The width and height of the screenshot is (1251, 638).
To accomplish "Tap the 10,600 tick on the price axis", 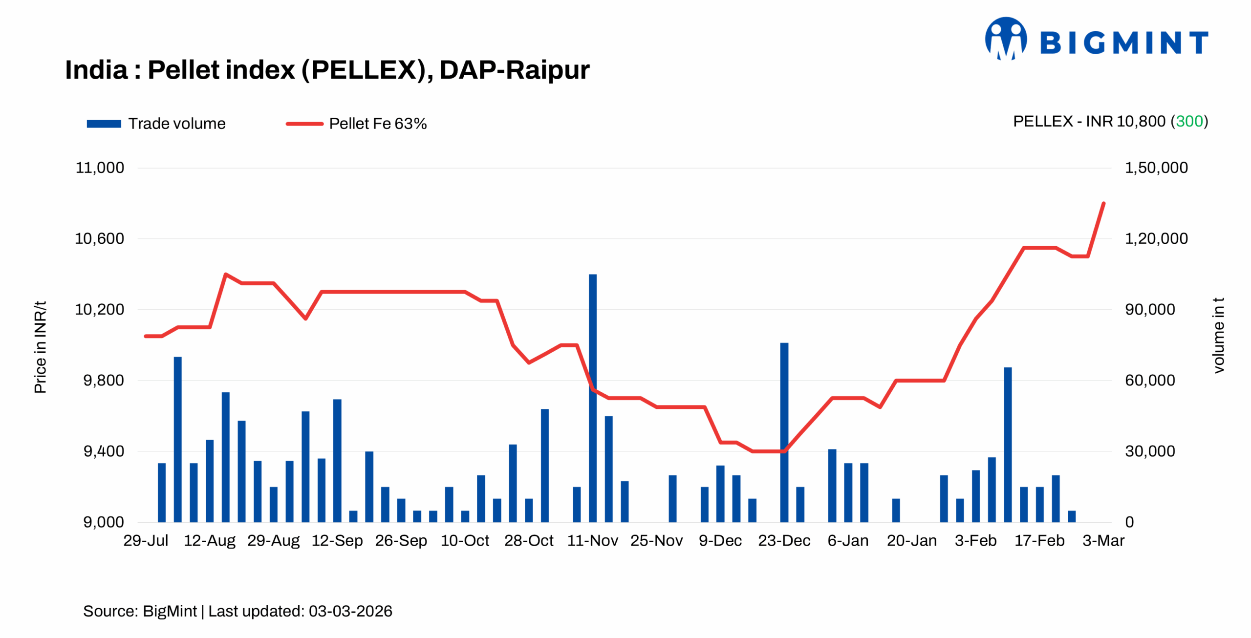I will coord(99,238).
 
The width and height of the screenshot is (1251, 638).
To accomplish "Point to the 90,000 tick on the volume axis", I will coord(1149,309).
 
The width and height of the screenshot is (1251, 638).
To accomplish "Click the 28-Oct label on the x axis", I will coord(528,540).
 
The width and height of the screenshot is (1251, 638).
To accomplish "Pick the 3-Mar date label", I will coord(1103,540).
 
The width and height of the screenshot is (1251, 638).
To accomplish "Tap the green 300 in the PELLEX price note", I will coord(1189,121).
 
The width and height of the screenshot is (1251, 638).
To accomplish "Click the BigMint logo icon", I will coord(1006,39).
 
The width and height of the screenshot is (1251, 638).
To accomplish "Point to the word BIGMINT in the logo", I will coord(1124,43).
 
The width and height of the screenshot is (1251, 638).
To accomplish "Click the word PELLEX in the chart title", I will coord(364,70).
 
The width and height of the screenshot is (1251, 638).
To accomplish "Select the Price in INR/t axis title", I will coord(40,347).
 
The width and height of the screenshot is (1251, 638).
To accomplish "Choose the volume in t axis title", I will coord(1219,335).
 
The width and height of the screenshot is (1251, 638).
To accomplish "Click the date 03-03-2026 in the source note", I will coord(350,611).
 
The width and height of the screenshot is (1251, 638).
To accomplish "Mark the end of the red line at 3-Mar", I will coord(1103,203).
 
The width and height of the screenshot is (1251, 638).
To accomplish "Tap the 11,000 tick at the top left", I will coord(99,168).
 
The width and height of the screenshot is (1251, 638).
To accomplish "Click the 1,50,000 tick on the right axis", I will coord(1156,168).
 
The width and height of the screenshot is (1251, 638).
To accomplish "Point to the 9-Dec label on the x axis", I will coord(720,540).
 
